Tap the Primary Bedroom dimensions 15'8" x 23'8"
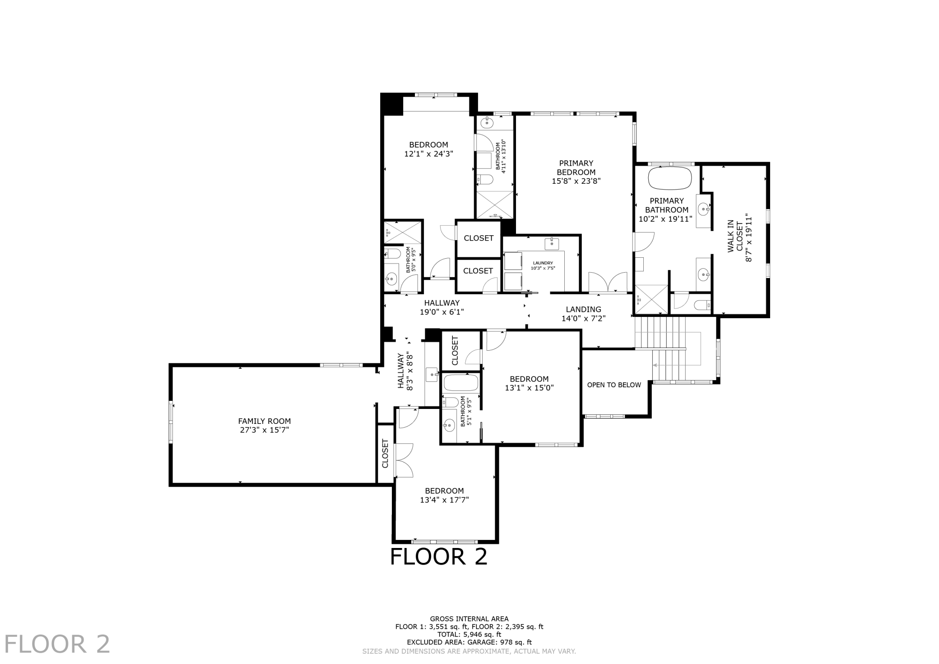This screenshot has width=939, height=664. click(x=576, y=181)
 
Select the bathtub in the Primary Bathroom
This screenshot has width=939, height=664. click(x=670, y=178)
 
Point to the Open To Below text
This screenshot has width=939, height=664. click(x=614, y=385)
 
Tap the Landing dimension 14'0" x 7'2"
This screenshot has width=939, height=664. click(x=583, y=318)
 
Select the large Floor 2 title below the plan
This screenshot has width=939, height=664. click(x=439, y=557)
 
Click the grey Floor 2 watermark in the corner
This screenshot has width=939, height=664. click(x=57, y=644)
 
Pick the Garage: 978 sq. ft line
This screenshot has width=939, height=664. click(x=469, y=642)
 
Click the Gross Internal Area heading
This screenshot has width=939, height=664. click(x=469, y=619)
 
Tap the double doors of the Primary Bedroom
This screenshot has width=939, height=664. click(x=608, y=283)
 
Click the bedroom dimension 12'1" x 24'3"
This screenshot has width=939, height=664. click(x=428, y=154)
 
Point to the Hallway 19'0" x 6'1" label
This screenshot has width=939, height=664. click(x=442, y=307)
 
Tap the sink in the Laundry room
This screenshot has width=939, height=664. click(x=552, y=244)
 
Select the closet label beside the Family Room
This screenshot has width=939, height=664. click(x=385, y=454)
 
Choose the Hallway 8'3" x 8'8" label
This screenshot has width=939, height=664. click(x=405, y=371)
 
